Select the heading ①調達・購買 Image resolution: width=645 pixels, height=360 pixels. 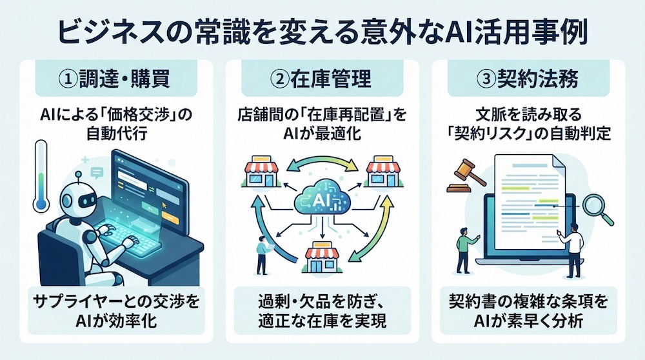point(116,78)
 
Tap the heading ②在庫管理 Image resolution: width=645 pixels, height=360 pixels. point(322,78)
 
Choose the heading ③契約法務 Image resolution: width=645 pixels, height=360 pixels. point(528,78)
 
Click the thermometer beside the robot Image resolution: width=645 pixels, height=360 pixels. point(41,176)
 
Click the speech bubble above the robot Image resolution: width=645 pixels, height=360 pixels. point(97,172)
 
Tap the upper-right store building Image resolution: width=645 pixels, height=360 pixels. point(383,172)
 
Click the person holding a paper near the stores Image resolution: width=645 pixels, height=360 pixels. point(262,255)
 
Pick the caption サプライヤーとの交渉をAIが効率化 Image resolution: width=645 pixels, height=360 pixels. point(116,311)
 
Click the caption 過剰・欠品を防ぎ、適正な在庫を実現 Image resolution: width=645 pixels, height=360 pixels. point(322,311)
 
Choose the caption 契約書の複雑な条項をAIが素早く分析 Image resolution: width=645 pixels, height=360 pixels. point(528,311)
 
